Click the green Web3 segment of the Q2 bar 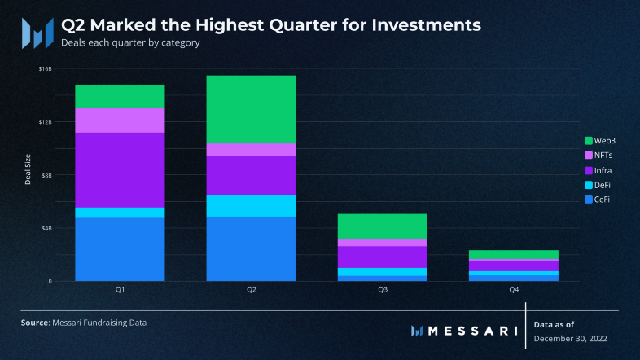[x=251, y=109]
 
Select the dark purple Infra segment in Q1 [x=120, y=169]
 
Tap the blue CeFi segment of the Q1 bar [x=120, y=249]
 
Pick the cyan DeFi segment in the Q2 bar [x=251, y=205]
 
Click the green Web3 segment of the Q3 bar [x=382, y=226]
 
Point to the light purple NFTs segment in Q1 [x=120, y=120]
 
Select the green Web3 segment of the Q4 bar [x=513, y=255]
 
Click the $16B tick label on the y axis [x=45, y=69]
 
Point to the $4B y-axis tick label [x=46, y=228]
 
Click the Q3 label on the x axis [x=382, y=290]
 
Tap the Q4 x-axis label [x=513, y=290]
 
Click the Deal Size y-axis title [x=28, y=173]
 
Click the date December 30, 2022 [x=571, y=337]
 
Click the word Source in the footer [x=35, y=323]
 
